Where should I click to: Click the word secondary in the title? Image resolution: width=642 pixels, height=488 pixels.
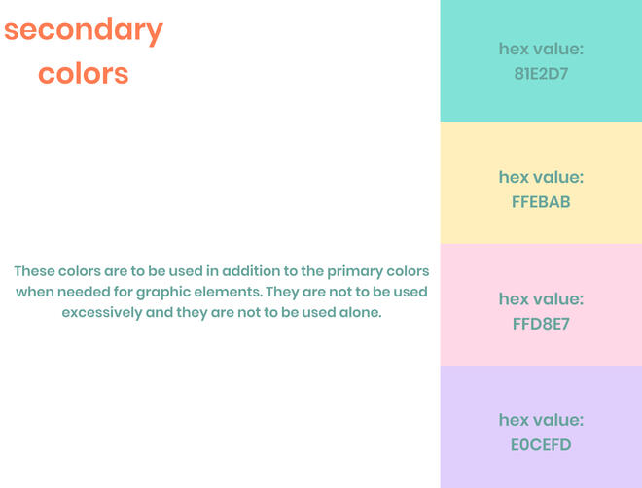coord(83,31)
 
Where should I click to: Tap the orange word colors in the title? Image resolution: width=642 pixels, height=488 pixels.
coord(83,73)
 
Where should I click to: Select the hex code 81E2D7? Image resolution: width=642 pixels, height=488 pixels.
coord(541,73)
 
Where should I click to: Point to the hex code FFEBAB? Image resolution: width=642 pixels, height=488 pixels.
coord(541,202)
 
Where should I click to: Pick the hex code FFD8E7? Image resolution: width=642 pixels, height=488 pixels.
coord(541,324)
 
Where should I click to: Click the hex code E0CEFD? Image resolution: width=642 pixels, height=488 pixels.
coord(541,445)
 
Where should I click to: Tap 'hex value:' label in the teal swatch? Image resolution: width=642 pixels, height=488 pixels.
coord(541,49)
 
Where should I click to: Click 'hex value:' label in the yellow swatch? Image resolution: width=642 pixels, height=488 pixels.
coord(541,177)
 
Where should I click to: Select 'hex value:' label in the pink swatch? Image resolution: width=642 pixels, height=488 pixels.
coord(541,298)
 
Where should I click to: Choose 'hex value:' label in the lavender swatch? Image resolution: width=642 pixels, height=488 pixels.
coord(541,420)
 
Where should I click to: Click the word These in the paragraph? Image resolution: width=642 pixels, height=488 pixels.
coord(34,271)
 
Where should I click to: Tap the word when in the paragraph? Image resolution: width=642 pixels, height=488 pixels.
coord(34,292)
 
